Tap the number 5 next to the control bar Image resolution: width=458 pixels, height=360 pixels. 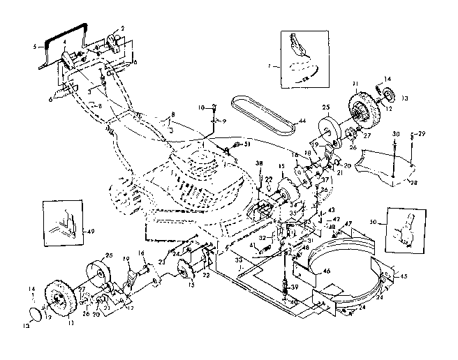coord(34,47)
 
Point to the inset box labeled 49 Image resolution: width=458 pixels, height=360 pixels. coord(60,219)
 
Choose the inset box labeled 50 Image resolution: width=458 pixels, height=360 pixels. coord(407,227)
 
